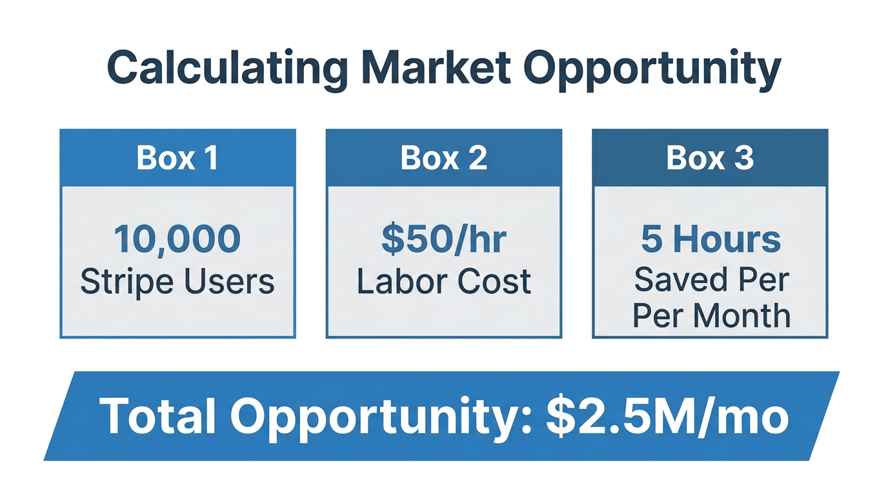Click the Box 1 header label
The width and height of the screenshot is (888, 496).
tap(177, 158)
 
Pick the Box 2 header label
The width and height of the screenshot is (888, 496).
tap(443, 158)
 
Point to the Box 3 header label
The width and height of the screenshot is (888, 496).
tap(709, 158)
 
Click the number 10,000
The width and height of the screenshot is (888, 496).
tap(177, 238)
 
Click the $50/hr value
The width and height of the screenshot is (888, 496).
tap(443, 238)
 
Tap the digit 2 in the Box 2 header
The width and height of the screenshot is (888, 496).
tap(478, 158)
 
